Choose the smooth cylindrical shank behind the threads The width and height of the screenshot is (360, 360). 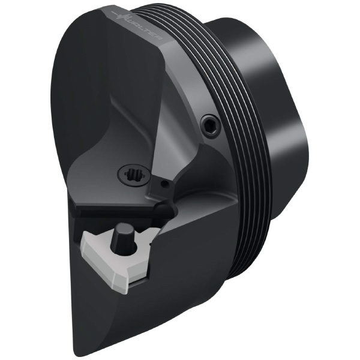[x=282, y=120]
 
